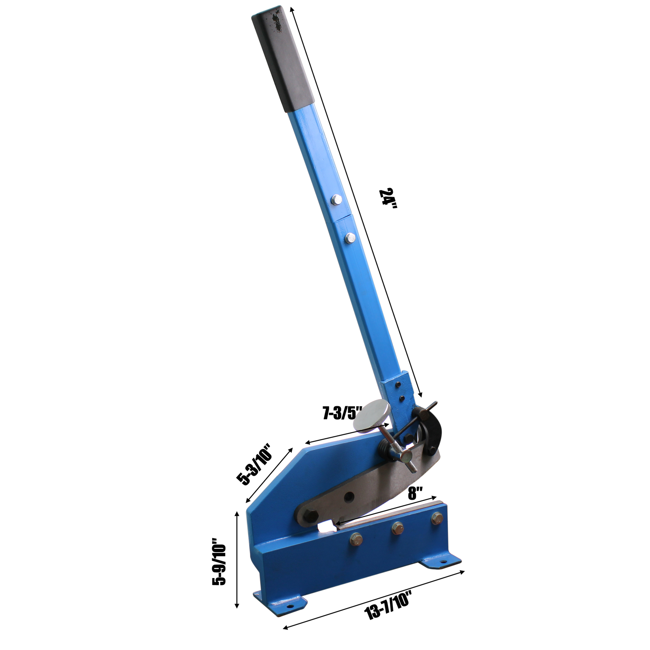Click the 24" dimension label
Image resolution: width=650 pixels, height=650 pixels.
click(388, 198)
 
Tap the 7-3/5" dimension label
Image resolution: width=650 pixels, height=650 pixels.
click(342, 413)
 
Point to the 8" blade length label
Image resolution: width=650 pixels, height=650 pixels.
click(416, 493)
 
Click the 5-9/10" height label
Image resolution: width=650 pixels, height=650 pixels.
click(219, 561)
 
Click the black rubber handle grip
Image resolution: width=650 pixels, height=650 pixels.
click(283, 58)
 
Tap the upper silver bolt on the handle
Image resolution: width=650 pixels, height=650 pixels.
click(336, 199)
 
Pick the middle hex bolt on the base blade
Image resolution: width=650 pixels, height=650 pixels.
click(397, 528)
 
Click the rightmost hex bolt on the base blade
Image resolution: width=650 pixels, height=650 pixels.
click(437, 518)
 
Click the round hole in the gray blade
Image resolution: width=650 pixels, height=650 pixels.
click(348, 497)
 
